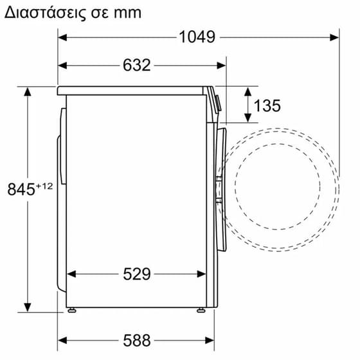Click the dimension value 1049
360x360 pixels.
coord(197,37)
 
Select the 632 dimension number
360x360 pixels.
coord(136,65)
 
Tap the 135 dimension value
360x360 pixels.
coord(267,105)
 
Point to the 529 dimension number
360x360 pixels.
coord(136,274)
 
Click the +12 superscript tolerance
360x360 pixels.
coord(44,186)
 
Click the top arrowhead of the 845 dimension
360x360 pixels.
coord(28,91)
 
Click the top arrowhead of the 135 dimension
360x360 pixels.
coord(247,89)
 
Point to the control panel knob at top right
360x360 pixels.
coord(217,102)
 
